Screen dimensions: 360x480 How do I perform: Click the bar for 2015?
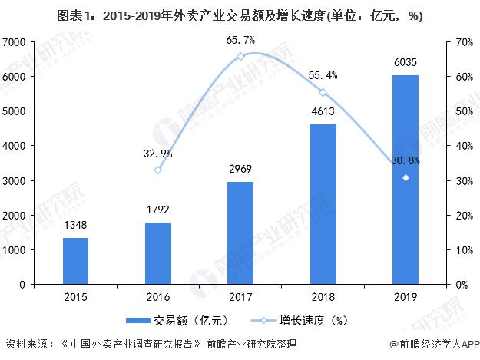[x=75, y=261]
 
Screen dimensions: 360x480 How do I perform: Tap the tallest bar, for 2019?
[x=406, y=180]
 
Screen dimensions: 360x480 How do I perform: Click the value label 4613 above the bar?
[x=323, y=112]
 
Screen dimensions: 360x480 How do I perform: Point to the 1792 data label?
[x=158, y=210]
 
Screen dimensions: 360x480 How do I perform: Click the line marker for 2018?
[x=323, y=93]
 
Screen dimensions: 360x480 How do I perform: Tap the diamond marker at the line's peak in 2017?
[x=241, y=57]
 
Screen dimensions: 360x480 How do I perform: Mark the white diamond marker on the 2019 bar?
[x=406, y=178]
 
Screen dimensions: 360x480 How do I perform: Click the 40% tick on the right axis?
[x=462, y=146]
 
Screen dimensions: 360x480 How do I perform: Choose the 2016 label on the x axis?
[x=158, y=296]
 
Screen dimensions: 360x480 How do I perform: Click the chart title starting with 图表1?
[x=240, y=16]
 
